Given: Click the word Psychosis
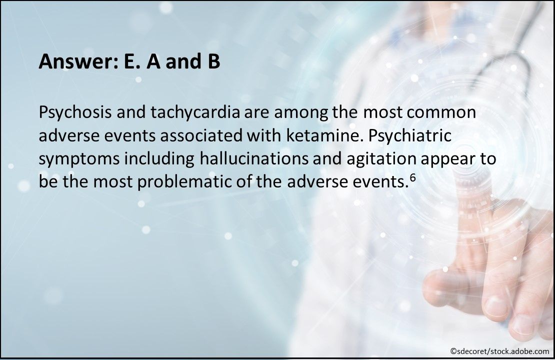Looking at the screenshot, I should pos(75,113).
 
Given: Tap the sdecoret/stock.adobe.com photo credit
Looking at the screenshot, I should pos(499,351).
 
